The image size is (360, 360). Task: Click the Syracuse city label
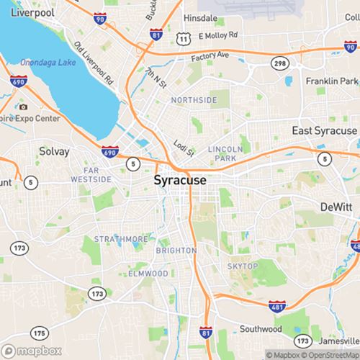(180, 180)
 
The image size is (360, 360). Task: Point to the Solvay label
(55, 152)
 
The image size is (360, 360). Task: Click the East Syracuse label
(324, 130)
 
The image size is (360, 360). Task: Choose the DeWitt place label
(336, 207)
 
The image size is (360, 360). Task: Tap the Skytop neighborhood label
(242, 266)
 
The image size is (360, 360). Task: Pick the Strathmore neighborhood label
(121, 239)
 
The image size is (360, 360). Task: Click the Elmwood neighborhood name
(148, 274)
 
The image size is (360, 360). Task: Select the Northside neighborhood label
(194, 100)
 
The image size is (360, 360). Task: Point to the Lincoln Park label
(222, 153)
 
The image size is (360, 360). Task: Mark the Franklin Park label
(331, 81)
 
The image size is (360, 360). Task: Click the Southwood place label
(261, 329)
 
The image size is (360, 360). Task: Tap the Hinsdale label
(200, 17)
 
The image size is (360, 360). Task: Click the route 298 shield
(279, 65)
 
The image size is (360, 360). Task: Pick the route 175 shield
(40, 333)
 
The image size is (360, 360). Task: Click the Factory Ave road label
(210, 55)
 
